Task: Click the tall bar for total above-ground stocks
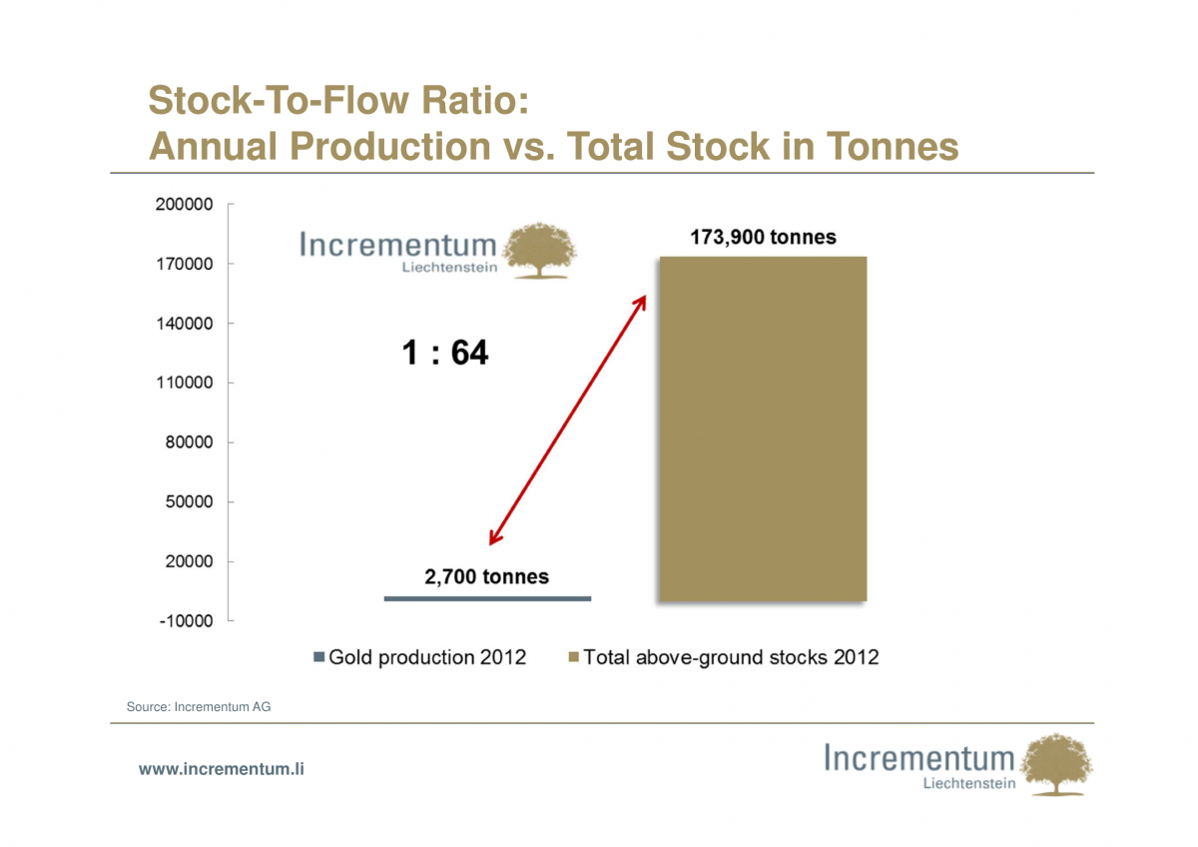coord(762,429)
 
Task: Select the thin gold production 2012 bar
coord(487,598)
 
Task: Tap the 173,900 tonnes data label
coord(764,238)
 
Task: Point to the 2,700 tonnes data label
coord(487,576)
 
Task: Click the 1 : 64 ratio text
coord(445,353)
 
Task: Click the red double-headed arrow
coord(568,420)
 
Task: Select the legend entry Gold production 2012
coord(420,657)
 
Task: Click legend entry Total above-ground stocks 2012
coord(723,657)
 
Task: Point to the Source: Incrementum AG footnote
coord(199,707)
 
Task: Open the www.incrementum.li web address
coord(221,769)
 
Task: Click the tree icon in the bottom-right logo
coord(1059,763)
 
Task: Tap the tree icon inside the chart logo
coord(541,250)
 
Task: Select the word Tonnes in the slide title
coord(893,147)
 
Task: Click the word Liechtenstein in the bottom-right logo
coord(969,783)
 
